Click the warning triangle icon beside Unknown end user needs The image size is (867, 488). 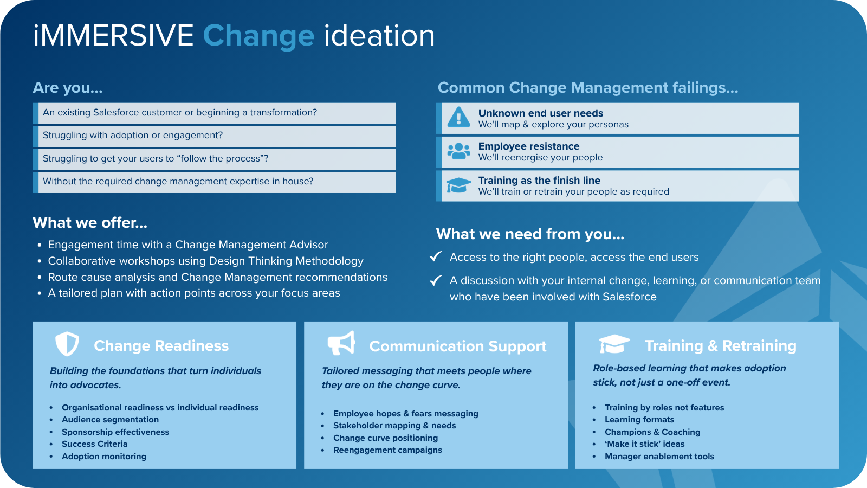tap(458, 117)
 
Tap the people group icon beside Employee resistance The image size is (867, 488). tap(458, 151)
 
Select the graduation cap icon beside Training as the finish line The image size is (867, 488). tap(458, 185)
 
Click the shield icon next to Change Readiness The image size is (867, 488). tap(67, 344)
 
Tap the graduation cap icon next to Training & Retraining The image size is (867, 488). tap(614, 344)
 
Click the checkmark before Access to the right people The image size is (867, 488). tap(436, 256)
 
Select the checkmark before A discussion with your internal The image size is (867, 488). tap(436, 280)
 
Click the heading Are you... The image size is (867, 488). tap(67, 87)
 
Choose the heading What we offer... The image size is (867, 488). tap(90, 223)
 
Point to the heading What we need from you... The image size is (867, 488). tap(530, 234)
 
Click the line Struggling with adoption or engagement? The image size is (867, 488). tap(133, 135)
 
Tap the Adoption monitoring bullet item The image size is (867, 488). tap(104, 456)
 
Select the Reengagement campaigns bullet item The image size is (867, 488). tap(387, 450)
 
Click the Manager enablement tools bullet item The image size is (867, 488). tap(659, 456)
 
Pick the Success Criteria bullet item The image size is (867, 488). tap(94, 444)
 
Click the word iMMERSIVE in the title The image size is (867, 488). tap(113, 36)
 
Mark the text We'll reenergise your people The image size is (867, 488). tap(540, 158)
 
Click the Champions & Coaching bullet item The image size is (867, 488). tap(652, 432)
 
